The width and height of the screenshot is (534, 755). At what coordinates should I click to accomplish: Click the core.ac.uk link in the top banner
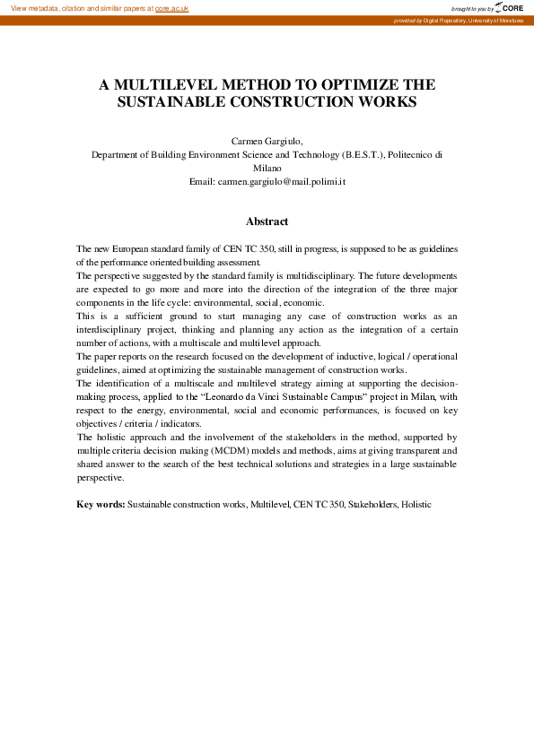tap(171, 8)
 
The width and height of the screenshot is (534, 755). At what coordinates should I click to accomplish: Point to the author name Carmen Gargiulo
tap(267, 141)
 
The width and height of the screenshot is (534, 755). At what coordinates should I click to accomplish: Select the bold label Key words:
tap(101, 505)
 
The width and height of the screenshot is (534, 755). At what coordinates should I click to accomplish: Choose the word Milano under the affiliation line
tap(267, 168)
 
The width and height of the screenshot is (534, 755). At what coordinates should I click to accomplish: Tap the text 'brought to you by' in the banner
tap(471, 8)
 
